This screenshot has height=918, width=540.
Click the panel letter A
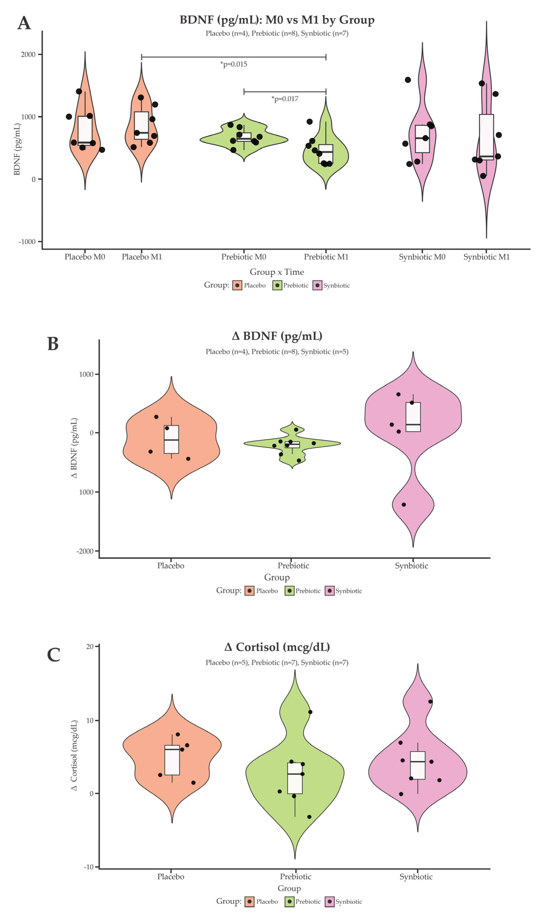24,23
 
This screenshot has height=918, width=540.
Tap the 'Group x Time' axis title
277,272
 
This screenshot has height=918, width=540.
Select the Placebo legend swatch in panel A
237,286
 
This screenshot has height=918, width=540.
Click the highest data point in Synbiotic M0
408,80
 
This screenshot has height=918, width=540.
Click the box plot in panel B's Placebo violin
171,439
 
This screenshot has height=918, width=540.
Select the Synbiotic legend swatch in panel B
330,591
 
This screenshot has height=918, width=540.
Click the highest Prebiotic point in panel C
310,712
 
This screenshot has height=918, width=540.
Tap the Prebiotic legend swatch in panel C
290,902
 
